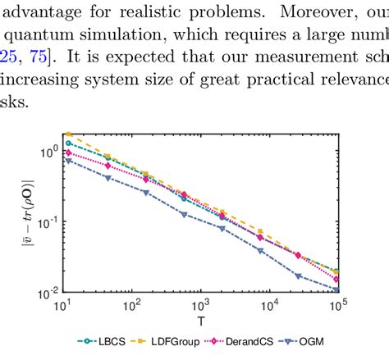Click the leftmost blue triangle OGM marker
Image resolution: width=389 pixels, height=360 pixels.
[68, 161]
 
